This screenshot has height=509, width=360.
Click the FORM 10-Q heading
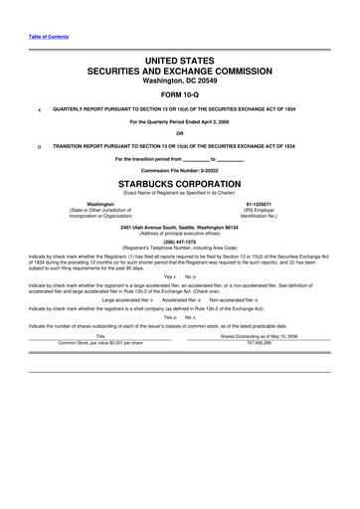(179, 97)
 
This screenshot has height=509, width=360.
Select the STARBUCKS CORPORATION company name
(179, 185)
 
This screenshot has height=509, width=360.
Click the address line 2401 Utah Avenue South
(179, 226)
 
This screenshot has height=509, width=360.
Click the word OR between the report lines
(179, 134)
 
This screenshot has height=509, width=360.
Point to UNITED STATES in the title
(179, 62)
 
